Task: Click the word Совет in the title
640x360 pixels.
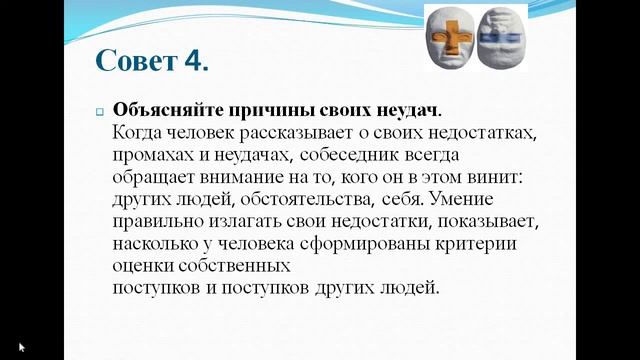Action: (137, 60)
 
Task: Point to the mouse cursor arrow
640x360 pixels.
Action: (22, 346)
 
